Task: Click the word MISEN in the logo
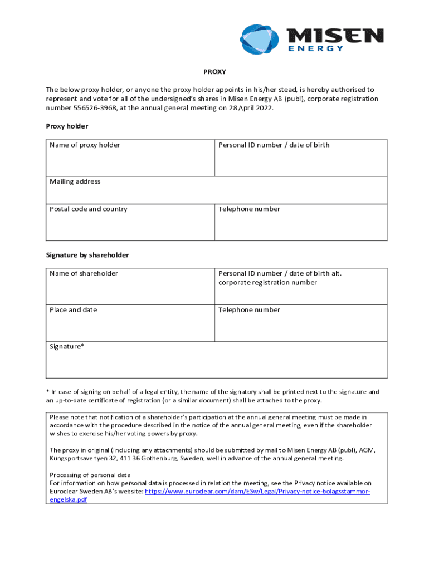tap(335, 36)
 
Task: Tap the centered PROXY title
tap(214, 72)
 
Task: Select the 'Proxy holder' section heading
tap(67, 126)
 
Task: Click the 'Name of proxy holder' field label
tap(85, 145)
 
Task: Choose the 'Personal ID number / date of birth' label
tap(274, 145)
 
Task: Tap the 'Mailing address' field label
tap(75, 181)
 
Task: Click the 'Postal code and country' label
tap(88, 209)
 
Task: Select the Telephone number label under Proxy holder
tap(249, 209)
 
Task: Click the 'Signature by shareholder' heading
tap(87, 255)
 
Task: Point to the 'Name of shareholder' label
tap(84, 273)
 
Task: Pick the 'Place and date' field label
tap(73, 310)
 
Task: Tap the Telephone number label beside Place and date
tap(249, 310)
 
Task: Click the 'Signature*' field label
tap(67, 346)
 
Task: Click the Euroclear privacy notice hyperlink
tap(257, 492)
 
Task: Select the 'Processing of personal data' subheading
tap(90, 475)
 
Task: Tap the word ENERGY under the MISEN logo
tap(316, 49)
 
